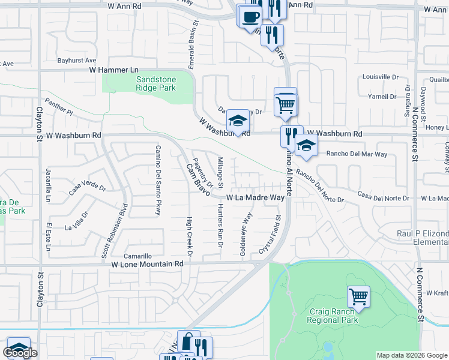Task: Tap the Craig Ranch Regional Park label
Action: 334,316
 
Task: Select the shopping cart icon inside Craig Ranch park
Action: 358,296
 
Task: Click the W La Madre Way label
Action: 255,197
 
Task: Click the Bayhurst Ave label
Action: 77,61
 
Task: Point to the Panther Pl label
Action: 59,108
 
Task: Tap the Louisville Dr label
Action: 381,77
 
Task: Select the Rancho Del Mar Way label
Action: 357,154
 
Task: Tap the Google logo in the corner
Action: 20,353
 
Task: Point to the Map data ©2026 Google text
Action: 411,355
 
